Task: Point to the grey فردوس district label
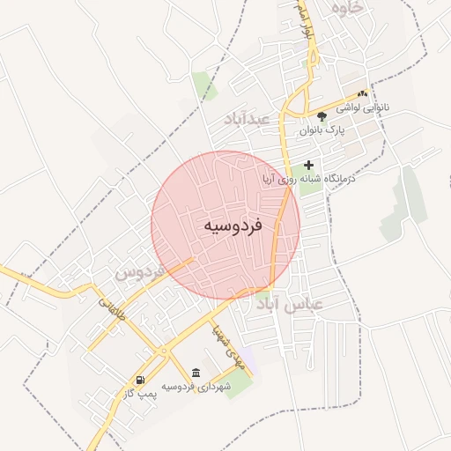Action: click(x=139, y=273)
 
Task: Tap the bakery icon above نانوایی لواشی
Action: click(x=362, y=93)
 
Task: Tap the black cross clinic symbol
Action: click(x=308, y=165)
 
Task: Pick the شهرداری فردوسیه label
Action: click(x=196, y=386)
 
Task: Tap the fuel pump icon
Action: click(x=140, y=380)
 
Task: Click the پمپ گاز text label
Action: click(x=141, y=393)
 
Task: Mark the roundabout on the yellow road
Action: click(x=164, y=351)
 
